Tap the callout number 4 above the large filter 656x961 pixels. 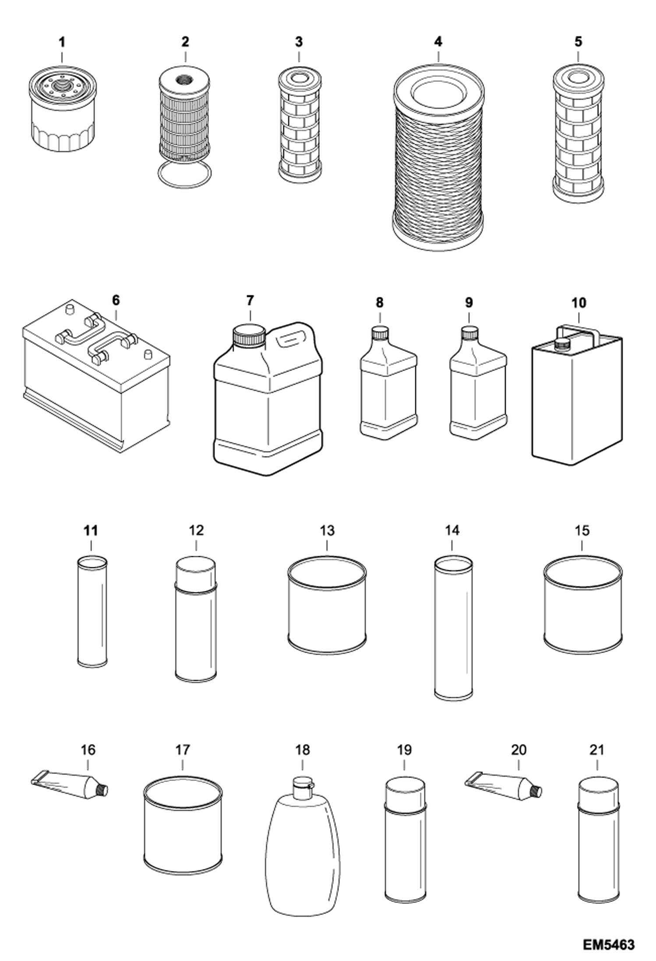(438, 42)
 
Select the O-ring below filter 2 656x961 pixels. (184, 175)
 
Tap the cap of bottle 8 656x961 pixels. (380, 332)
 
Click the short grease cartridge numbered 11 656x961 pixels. (92, 611)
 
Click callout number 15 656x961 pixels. (582, 530)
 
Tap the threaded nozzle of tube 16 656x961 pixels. (102, 790)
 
